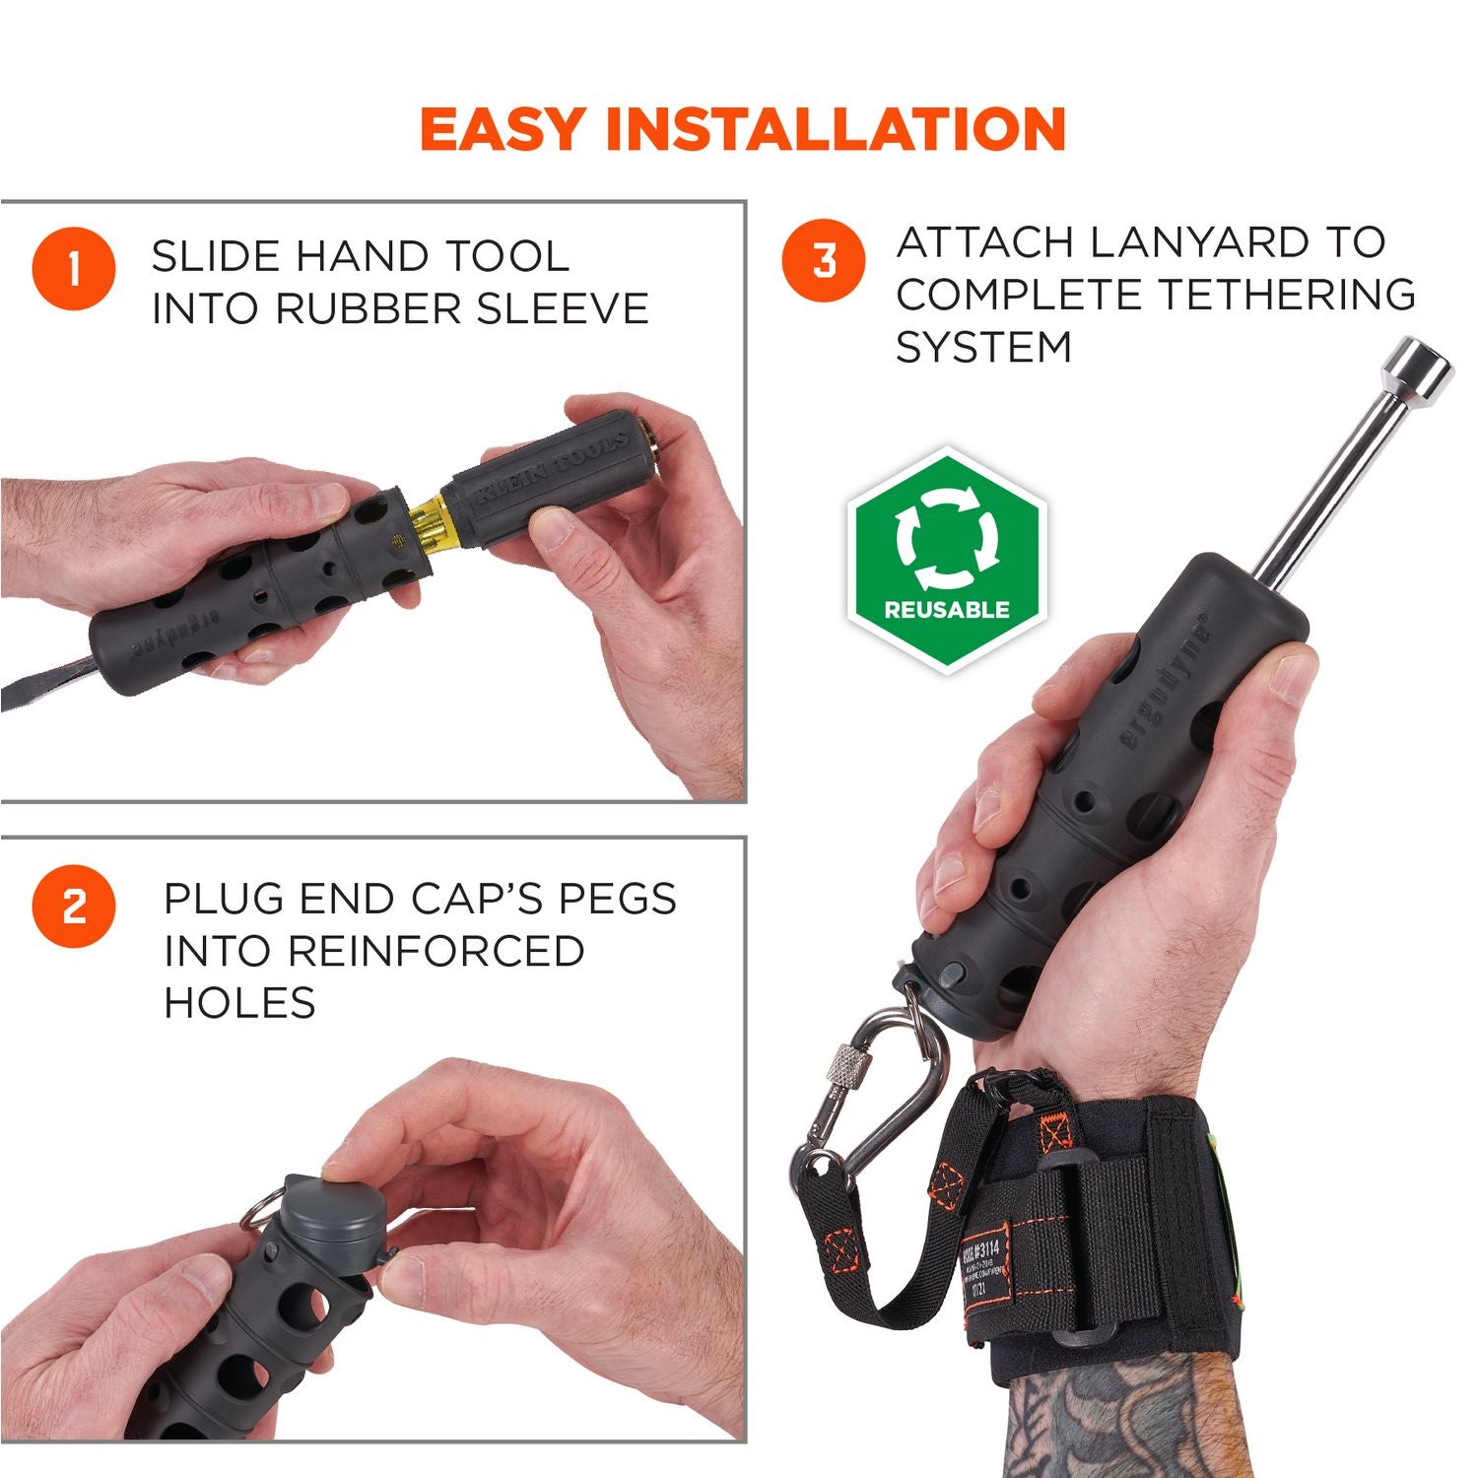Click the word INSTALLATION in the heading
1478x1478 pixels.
click(x=837, y=128)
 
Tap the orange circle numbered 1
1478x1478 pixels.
click(x=74, y=269)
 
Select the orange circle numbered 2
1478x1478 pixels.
click(x=74, y=907)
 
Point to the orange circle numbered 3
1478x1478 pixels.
click(x=824, y=260)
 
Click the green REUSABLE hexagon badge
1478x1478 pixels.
click(x=946, y=559)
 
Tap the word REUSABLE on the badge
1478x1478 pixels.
click(x=946, y=610)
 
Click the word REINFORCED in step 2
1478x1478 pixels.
click(x=437, y=952)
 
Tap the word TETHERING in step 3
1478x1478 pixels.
click(x=1286, y=295)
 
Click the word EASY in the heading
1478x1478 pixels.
click(x=501, y=128)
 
